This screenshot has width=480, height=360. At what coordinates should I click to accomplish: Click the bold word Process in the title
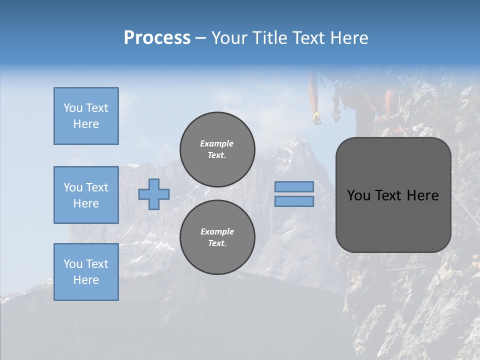(157, 38)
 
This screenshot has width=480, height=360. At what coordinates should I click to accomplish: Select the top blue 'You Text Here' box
(86, 116)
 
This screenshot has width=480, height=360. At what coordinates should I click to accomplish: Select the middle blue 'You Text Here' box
(86, 195)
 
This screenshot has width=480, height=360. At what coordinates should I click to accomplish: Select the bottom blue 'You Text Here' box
(86, 272)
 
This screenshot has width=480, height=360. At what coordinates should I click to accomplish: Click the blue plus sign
(153, 194)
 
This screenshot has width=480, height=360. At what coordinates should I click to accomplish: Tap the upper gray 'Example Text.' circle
(217, 149)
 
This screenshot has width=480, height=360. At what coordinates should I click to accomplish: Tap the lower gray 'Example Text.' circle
(217, 237)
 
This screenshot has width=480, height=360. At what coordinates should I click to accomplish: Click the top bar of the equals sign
(294, 187)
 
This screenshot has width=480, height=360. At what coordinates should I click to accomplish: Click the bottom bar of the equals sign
(294, 201)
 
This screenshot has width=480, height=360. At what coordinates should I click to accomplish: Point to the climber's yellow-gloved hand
(316, 117)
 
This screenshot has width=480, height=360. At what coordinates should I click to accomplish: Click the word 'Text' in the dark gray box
(393, 195)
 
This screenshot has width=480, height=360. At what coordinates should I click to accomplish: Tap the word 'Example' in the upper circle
(217, 143)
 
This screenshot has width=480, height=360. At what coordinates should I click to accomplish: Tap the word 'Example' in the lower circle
(217, 231)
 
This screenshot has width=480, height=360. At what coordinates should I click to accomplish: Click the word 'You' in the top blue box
(73, 108)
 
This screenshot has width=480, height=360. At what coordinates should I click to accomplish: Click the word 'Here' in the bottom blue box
(86, 280)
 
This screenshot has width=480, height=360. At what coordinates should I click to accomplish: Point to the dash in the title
(201, 38)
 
